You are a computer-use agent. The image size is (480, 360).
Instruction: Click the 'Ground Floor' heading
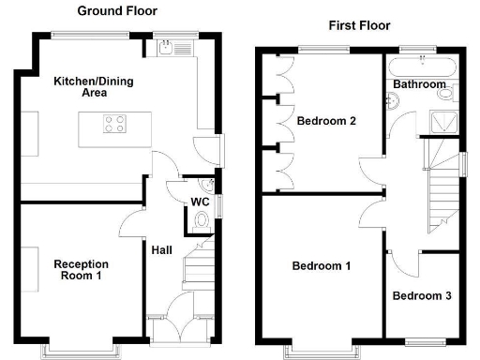click(x=116, y=11)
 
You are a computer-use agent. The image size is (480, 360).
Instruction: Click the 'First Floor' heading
click(x=359, y=25)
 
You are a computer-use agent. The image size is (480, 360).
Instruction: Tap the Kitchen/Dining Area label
click(x=94, y=87)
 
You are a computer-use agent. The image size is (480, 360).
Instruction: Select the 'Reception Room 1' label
click(x=81, y=270)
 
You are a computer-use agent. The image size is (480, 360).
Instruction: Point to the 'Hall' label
click(x=161, y=249)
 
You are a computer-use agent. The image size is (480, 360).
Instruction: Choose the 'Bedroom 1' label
click(x=322, y=266)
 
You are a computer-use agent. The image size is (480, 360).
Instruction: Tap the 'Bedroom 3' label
click(x=422, y=296)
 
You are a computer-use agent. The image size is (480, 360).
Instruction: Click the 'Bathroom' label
click(x=418, y=84)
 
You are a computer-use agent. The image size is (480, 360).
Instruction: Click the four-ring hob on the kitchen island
click(x=115, y=121)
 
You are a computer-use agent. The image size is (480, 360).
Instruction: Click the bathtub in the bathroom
click(x=421, y=64)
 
